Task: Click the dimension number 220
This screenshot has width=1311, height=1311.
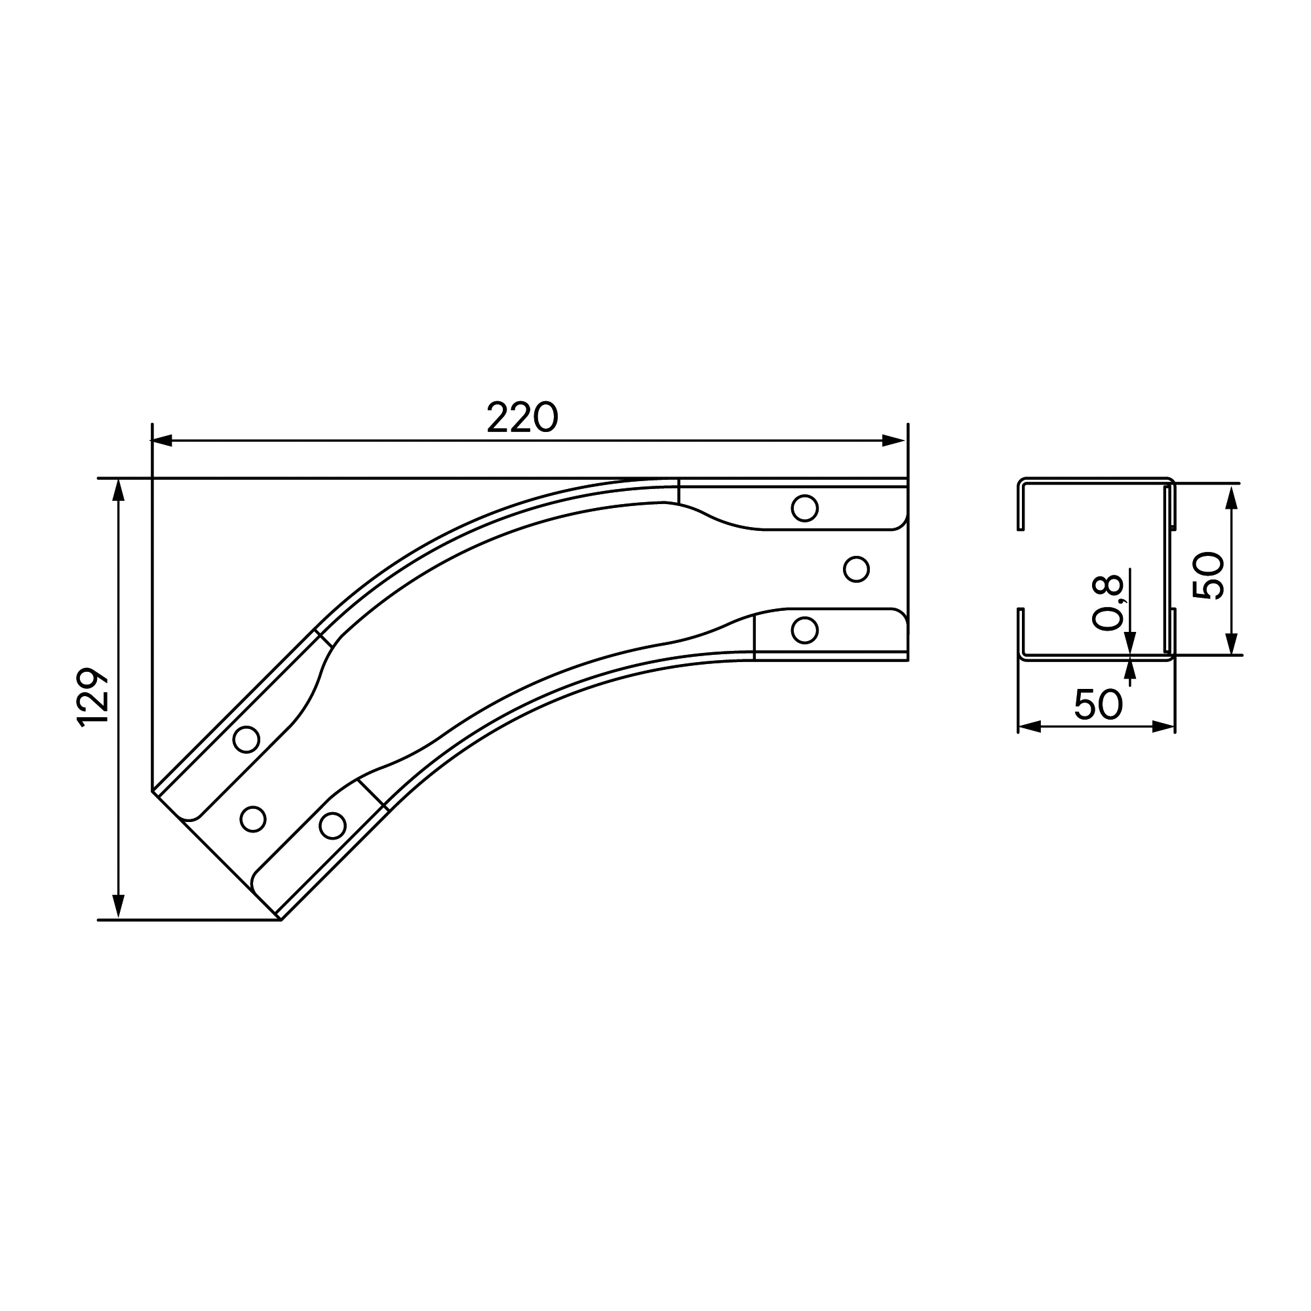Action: [x=522, y=418]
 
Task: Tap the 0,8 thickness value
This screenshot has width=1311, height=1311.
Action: [x=1108, y=602]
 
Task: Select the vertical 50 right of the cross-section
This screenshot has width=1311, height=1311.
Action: [x=1208, y=576]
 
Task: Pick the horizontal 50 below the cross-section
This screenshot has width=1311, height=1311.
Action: [x=1098, y=705]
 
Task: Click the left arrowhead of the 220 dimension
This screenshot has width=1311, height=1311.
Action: [x=161, y=440]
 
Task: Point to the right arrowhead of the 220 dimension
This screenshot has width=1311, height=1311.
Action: [x=893, y=440]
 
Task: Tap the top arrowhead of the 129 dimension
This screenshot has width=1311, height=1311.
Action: [x=119, y=490]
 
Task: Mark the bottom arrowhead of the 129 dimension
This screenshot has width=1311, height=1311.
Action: [x=119, y=908]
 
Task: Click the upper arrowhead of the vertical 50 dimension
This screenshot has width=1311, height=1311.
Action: [x=1232, y=497]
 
